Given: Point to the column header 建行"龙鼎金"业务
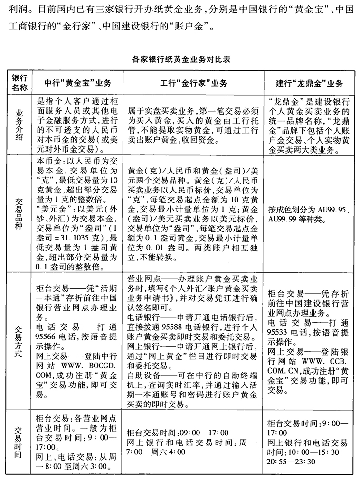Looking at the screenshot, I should pos(309,83).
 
